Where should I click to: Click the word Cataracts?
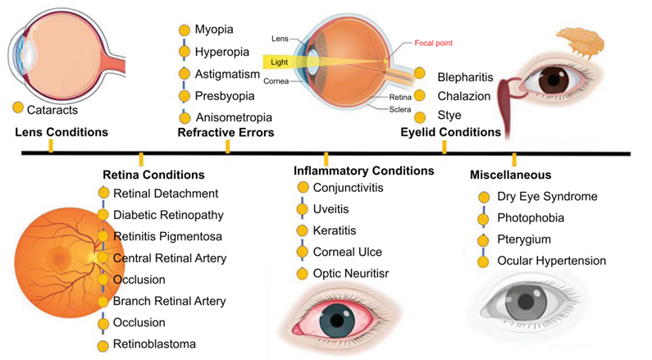(52, 110)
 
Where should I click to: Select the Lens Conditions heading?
(62, 132)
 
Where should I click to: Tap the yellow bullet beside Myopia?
(185, 30)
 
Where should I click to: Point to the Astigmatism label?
(227, 75)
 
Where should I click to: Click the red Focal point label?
(433, 43)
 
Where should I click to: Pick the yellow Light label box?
(279, 62)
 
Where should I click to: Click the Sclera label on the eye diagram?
(400, 110)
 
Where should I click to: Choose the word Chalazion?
(464, 97)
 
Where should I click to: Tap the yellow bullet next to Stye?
(420, 117)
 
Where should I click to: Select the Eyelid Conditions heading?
(451, 132)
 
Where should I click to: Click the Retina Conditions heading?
(153, 175)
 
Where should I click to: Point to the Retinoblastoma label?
(154, 344)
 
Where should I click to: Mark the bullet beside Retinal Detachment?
(103, 193)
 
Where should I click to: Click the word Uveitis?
(331, 209)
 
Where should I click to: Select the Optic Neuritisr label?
(351, 274)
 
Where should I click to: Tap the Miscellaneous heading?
(511, 175)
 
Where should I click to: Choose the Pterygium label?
(524, 239)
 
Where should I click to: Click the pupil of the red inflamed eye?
(337, 321)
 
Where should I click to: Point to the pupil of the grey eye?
(526, 301)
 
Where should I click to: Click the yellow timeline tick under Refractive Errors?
(227, 147)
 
